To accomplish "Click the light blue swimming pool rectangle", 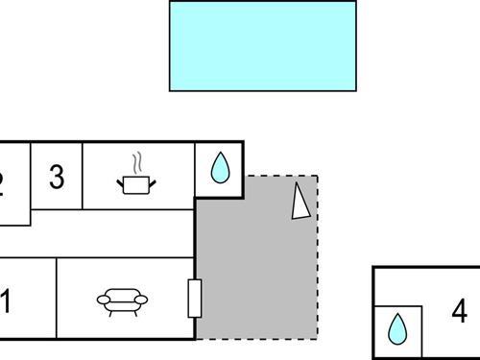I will (262, 45).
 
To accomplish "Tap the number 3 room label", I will (57, 178).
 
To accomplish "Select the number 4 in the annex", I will (459, 311).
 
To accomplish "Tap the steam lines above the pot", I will (138, 160).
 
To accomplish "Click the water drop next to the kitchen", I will (220, 170).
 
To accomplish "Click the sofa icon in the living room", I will (124, 301).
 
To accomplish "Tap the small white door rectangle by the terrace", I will (195, 298).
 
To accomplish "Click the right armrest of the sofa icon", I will (145, 300).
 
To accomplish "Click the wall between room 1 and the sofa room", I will (57, 298).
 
